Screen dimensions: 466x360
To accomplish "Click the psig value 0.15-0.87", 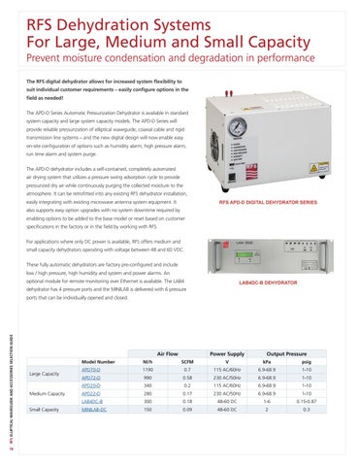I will click(x=334, y=425).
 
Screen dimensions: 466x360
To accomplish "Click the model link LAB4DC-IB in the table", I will click(x=119, y=425).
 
